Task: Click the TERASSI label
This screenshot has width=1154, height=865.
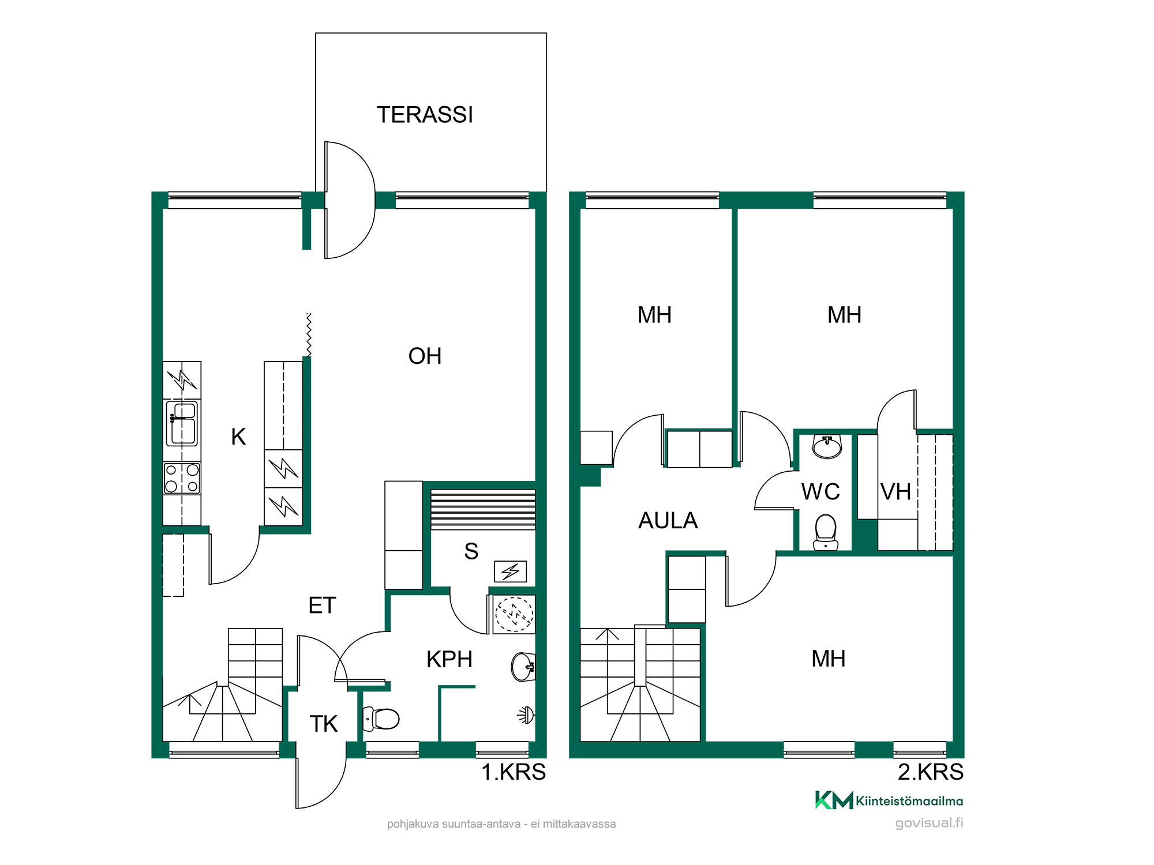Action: pyautogui.click(x=425, y=115)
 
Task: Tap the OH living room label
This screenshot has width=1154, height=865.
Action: pyautogui.click(x=425, y=356)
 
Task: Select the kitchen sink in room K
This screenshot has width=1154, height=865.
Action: pyautogui.click(x=182, y=423)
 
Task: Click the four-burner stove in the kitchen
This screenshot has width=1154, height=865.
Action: pyautogui.click(x=182, y=478)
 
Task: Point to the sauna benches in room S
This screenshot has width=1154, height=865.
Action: pyautogui.click(x=483, y=509)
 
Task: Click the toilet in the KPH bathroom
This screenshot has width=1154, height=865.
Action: pyautogui.click(x=381, y=719)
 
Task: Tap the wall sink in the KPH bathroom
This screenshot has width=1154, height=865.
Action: pyautogui.click(x=523, y=667)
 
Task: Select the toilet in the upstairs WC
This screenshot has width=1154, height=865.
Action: pyautogui.click(x=826, y=532)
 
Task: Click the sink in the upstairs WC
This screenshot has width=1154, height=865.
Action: pyautogui.click(x=827, y=446)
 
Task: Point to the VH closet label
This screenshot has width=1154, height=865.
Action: pyautogui.click(x=896, y=492)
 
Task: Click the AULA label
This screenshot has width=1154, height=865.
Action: pyautogui.click(x=668, y=520)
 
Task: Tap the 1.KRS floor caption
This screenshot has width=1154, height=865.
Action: pyautogui.click(x=514, y=772)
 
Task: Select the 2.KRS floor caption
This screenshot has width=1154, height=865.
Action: pyautogui.click(x=930, y=772)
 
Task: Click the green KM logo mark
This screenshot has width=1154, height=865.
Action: pyautogui.click(x=834, y=800)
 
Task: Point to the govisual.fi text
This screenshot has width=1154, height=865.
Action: pyautogui.click(x=929, y=823)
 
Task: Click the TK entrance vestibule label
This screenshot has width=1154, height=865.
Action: pyautogui.click(x=324, y=724)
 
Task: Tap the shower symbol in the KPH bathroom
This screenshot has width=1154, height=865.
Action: pyautogui.click(x=526, y=715)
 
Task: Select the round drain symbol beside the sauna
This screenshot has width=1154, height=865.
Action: pyautogui.click(x=514, y=614)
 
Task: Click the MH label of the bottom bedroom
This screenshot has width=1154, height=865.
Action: pyautogui.click(x=828, y=659)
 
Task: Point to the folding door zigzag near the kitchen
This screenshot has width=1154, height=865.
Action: pyautogui.click(x=309, y=335)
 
